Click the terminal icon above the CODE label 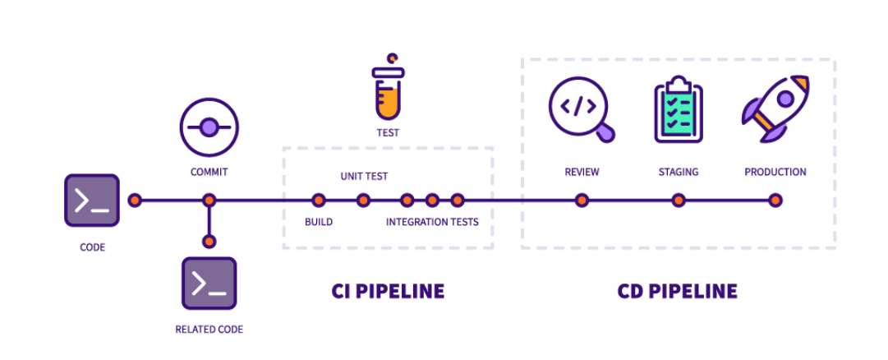point(92,200)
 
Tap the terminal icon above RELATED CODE point(209,284)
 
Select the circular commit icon point(209,127)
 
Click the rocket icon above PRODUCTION point(775,108)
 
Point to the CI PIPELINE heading point(388,291)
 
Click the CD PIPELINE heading point(678,291)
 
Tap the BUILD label point(319,222)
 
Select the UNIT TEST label point(364,176)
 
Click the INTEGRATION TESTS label point(432,222)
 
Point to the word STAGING point(679,172)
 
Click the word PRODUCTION point(775,172)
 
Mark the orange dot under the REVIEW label point(582,200)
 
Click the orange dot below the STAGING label point(679,200)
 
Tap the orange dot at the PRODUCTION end point(775,200)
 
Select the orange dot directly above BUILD point(319,200)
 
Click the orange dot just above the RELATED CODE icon point(209,242)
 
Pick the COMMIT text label point(209,172)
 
